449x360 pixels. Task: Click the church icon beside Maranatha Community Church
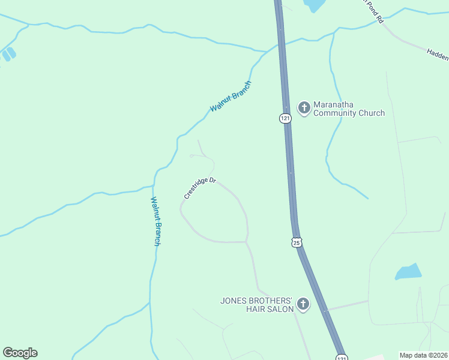click(x=304, y=108)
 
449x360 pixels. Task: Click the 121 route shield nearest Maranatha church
click(x=285, y=118)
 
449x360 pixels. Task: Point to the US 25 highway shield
click(x=297, y=242)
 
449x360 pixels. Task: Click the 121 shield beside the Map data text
click(x=341, y=356)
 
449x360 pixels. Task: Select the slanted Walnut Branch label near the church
click(x=230, y=97)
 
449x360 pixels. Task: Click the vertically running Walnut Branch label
click(x=155, y=221)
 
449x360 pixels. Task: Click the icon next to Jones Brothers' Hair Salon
click(x=303, y=305)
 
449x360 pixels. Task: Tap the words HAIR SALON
click(x=270, y=309)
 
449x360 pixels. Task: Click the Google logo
click(x=20, y=353)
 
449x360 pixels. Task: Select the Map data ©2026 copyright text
click(x=423, y=355)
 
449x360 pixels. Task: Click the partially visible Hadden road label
click(x=438, y=55)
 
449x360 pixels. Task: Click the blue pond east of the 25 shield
click(x=408, y=272)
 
